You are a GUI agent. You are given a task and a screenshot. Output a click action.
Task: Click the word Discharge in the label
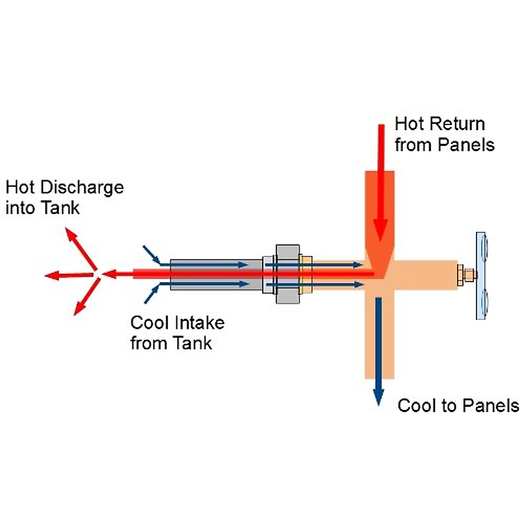[82, 188]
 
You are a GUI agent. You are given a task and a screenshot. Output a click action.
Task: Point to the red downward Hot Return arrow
[381, 183]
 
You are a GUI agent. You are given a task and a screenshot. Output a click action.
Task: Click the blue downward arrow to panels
[378, 349]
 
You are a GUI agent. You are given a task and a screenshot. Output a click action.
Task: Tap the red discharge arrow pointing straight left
[65, 275]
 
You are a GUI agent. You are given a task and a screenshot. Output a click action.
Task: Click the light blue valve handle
[482, 275]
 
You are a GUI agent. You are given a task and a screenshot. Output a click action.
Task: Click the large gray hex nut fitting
[288, 274]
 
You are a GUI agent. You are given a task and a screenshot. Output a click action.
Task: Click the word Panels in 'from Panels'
[466, 145]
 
